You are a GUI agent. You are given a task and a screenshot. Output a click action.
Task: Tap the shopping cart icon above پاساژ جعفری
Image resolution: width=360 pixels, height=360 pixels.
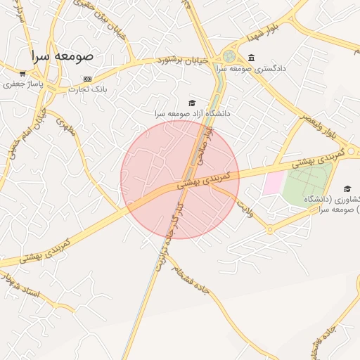pos(22,73)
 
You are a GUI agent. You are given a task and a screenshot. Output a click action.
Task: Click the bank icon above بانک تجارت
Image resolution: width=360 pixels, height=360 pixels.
pos(87,78)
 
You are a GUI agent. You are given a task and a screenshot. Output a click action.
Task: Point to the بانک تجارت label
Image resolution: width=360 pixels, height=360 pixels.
pos(87,89)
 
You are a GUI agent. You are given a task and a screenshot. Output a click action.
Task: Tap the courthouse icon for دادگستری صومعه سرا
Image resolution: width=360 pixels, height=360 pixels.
pos(252,58)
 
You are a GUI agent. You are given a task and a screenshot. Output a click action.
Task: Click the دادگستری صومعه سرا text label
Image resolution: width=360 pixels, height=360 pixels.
pos(251,69)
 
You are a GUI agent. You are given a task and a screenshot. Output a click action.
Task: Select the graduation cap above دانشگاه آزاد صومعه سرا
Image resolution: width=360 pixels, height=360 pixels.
pos(192,103)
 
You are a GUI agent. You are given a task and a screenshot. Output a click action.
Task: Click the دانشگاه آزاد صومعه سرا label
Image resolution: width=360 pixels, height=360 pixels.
pos(193,112)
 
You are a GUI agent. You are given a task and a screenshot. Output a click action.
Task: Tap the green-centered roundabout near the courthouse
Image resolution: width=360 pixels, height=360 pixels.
pos(229,56)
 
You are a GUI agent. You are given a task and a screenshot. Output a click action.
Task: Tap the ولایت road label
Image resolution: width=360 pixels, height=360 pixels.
pos(244,206)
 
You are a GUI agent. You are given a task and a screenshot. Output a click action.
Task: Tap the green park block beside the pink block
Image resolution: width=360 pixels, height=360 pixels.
pos(307,181)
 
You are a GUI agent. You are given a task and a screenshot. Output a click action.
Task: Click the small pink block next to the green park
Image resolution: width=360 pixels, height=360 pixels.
pos(272,184)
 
